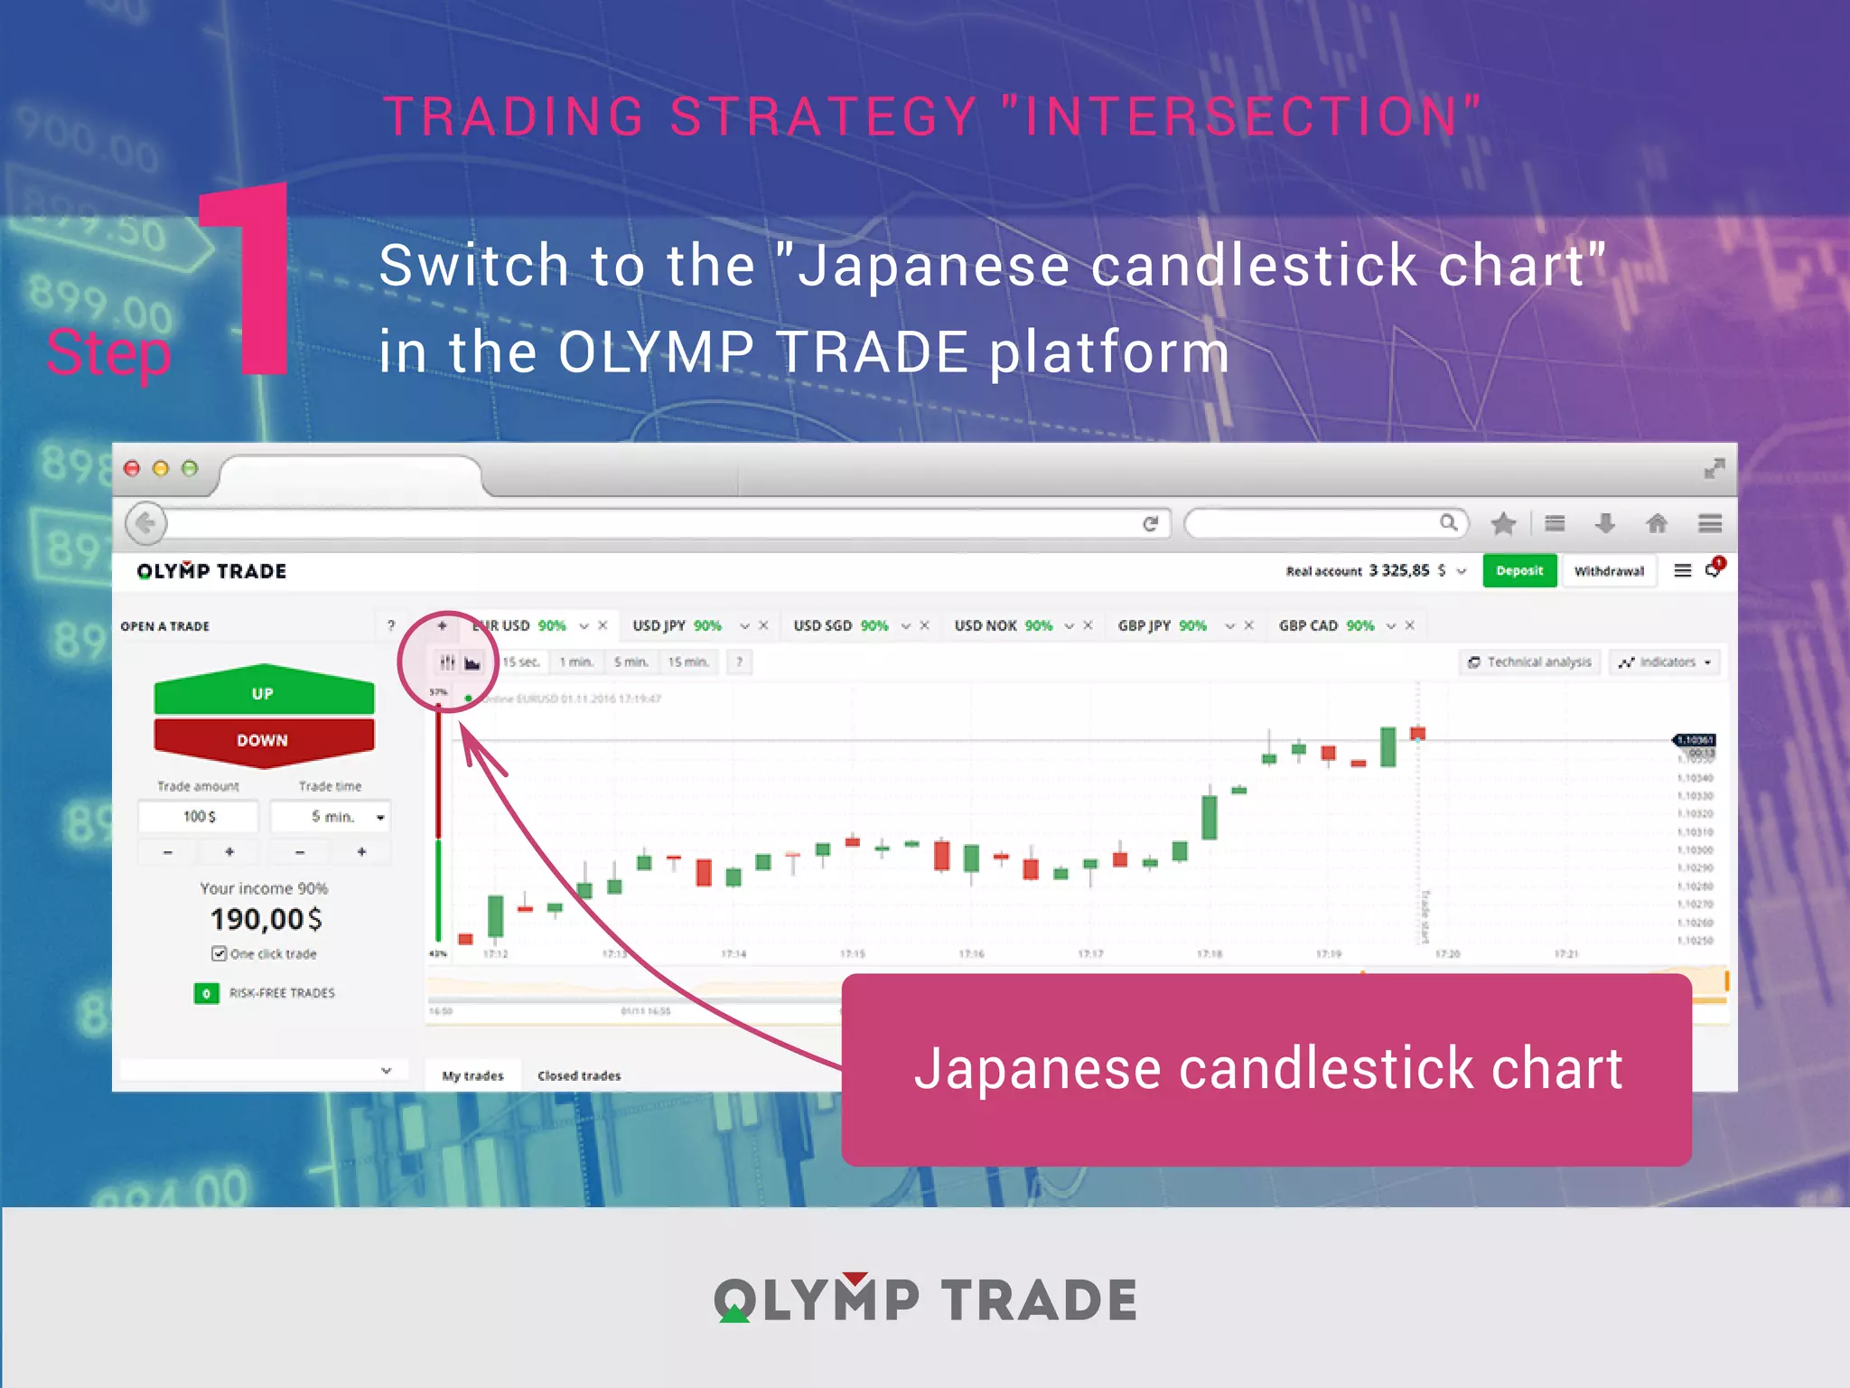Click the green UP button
click(x=263, y=693)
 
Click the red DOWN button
click(x=263, y=740)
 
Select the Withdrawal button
click(x=1608, y=571)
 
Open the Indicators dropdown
click(x=1666, y=662)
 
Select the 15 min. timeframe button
click(x=687, y=662)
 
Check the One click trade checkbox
click(x=219, y=953)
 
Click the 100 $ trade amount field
click(x=199, y=816)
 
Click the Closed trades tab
click(x=579, y=1075)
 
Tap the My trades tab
click(x=472, y=1075)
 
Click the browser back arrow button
click(x=145, y=523)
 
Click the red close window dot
click(x=132, y=468)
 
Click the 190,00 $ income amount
click(x=266, y=919)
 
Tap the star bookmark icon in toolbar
click(x=1503, y=523)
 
